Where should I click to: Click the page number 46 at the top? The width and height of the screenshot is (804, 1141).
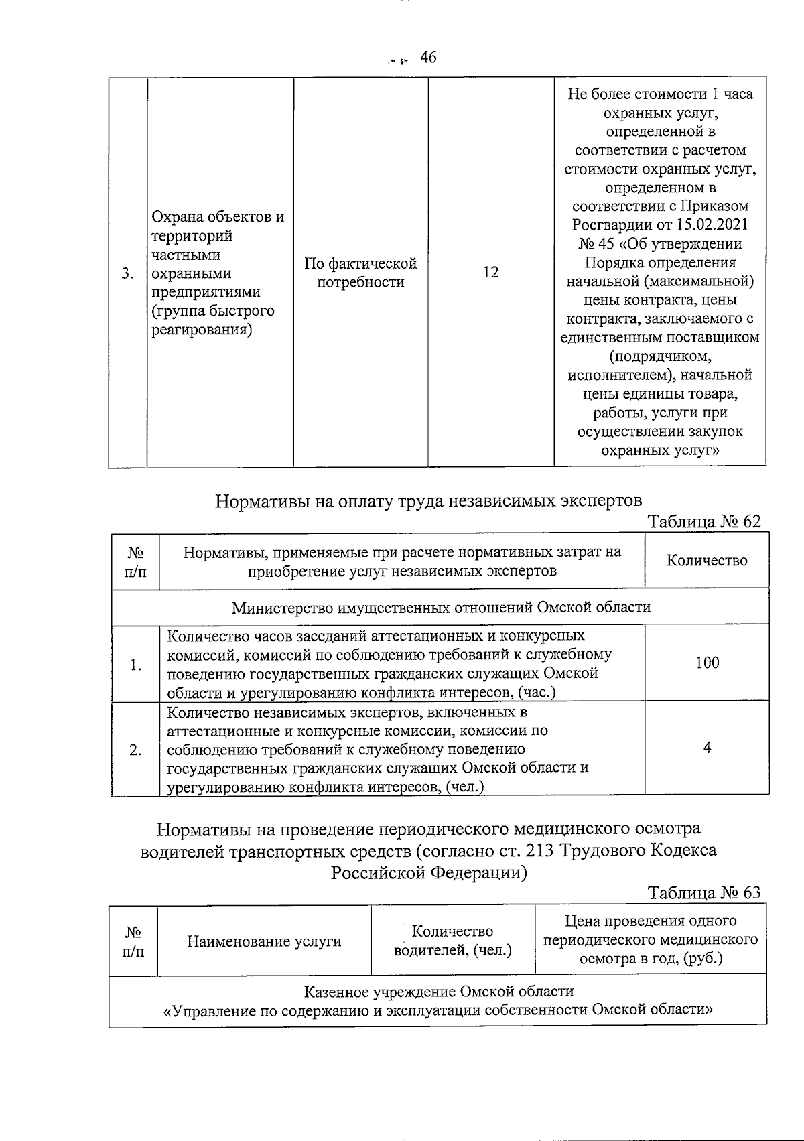click(x=428, y=58)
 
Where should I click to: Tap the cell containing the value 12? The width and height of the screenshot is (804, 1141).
click(x=490, y=272)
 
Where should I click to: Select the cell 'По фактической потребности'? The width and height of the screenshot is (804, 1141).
click(x=360, y=273)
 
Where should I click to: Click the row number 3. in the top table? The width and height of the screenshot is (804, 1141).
click(x=128, y=273)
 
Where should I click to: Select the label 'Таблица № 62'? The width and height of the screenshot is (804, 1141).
click(x=704, y=521)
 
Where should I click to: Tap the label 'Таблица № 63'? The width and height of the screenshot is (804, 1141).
click(x=704, y=892)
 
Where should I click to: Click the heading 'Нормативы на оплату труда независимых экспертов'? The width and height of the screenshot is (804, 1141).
click(x=428, y=500)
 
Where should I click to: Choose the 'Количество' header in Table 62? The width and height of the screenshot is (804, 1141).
click(x=707, y=561)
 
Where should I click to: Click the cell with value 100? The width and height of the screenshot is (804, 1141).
click(x=707, y=663)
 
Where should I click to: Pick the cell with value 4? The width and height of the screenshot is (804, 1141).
click(x=707, y=748)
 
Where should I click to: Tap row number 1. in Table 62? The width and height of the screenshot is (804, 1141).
click(x=136, y=665)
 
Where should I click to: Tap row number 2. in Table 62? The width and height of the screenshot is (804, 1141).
click(x=136, y=750)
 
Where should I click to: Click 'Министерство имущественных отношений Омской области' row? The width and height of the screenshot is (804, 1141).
click(x=441, y=607)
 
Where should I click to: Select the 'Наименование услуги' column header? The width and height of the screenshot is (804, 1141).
click(x=264, y=941)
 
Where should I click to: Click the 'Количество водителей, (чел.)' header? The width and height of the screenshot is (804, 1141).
click(x=453, y=941)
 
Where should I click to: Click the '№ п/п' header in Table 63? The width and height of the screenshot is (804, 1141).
click(x=133, y=941)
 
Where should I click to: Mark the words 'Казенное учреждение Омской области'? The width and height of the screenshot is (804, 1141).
click(x=439, y=991)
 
